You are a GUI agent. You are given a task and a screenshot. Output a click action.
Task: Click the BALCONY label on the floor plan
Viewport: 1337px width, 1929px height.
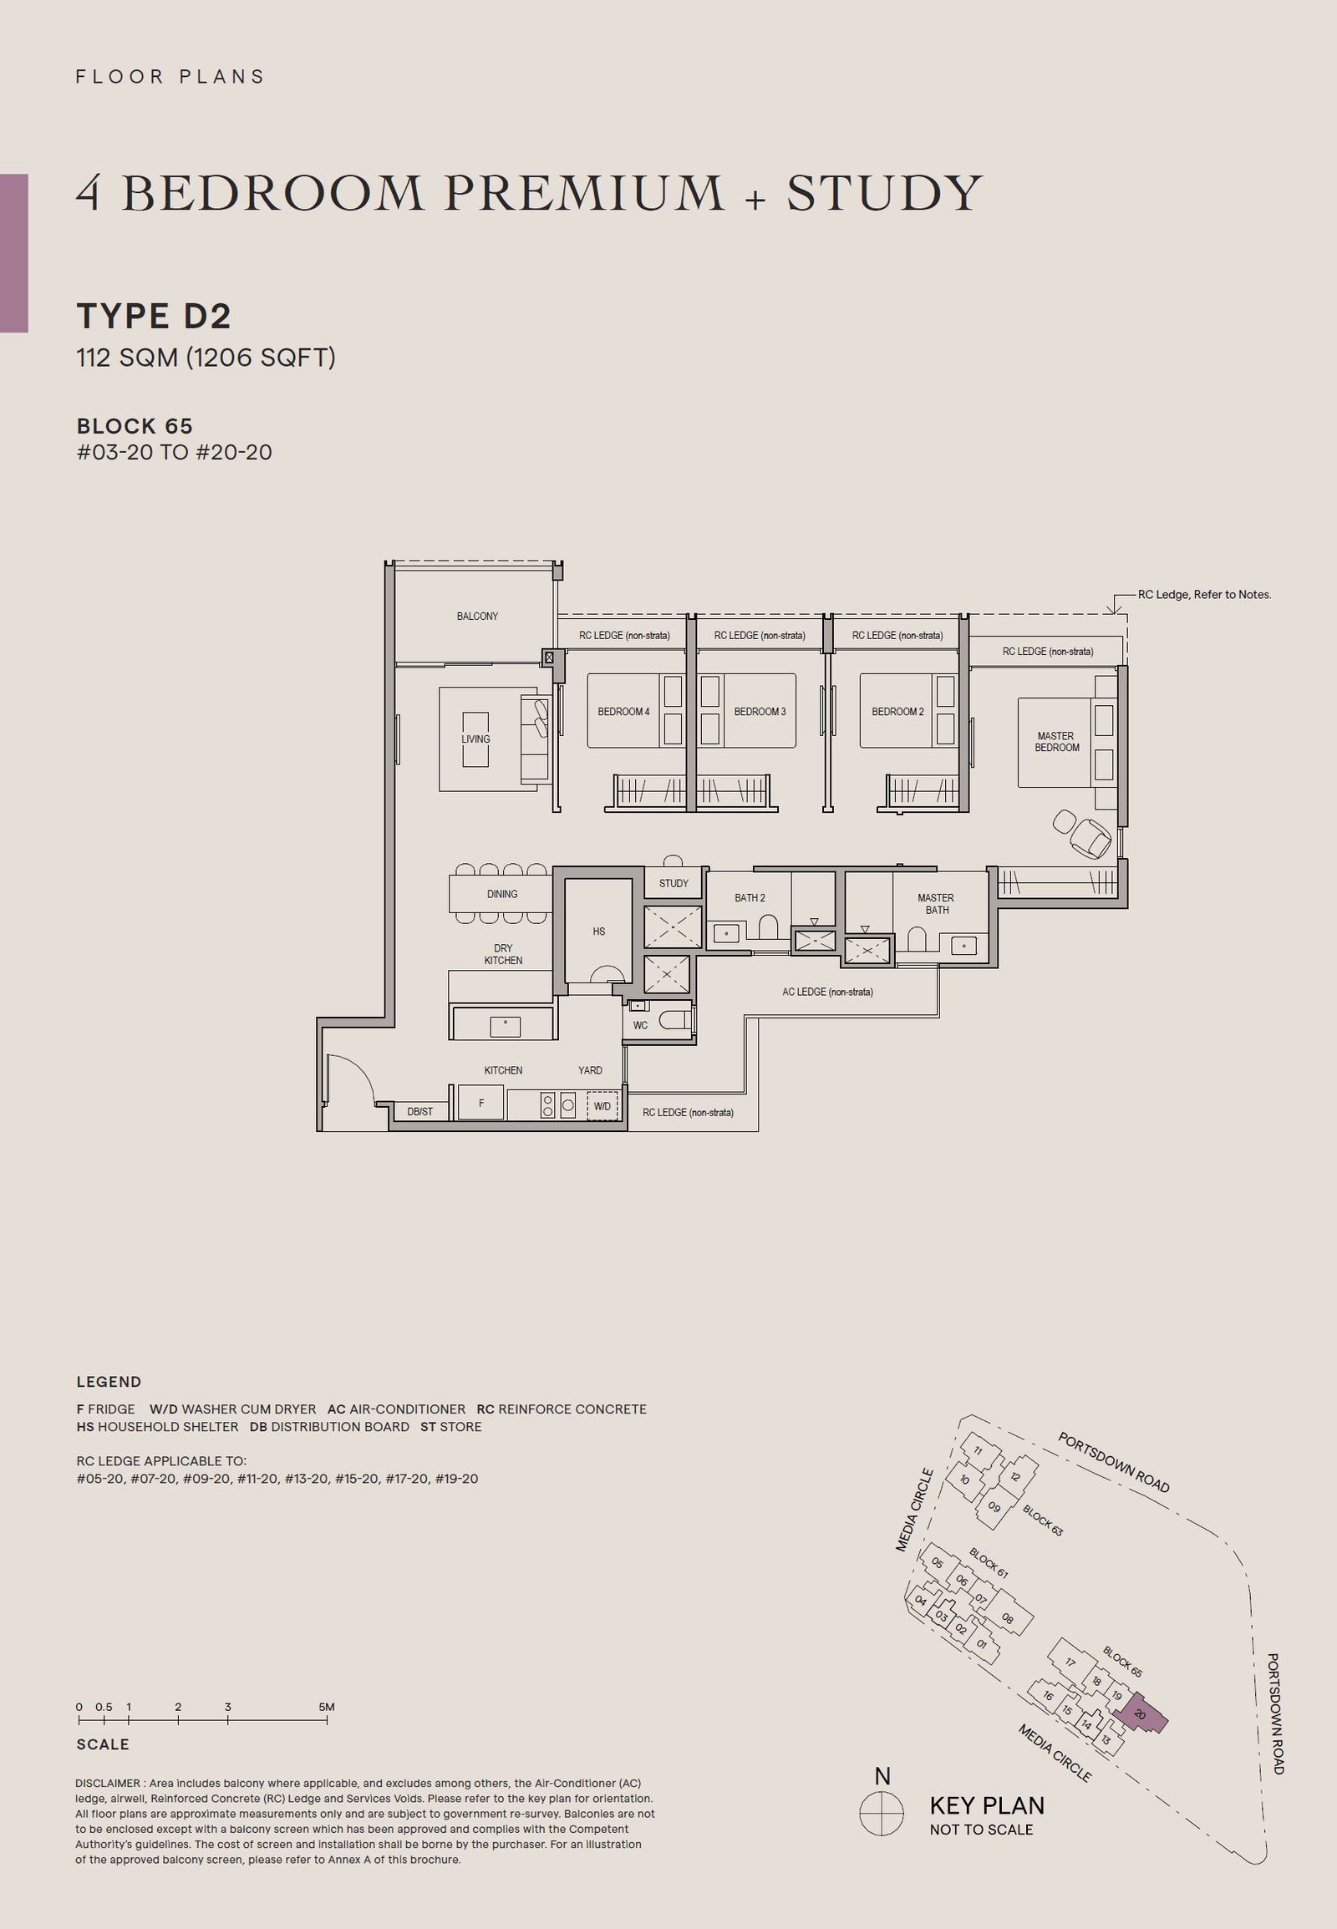tap(476, 616)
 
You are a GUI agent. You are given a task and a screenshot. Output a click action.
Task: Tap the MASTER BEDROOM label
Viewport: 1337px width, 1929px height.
tap(1055, 741)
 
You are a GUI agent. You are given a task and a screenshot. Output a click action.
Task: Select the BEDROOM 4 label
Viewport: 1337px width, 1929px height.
tap(623, 711)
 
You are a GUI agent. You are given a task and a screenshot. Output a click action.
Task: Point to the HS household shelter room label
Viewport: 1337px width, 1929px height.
tap(598, 931)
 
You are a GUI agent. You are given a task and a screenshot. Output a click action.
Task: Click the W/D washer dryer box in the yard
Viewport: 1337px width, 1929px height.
tap(602, 1105)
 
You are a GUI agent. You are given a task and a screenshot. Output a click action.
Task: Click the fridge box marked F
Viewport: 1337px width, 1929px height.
tap(480, 1103)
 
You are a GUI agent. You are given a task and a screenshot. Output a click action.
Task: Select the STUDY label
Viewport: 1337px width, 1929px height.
tap(673, 883)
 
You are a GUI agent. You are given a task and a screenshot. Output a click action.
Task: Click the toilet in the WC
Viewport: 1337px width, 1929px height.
tap(675, 1019)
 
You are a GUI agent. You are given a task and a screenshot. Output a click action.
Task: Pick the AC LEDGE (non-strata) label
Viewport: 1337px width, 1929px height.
tap(826, 992)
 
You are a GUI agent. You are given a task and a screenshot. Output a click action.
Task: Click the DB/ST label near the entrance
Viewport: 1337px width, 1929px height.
tap(419, 1111)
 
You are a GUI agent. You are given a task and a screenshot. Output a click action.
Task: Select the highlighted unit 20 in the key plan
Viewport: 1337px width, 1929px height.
tap(1140, 1713)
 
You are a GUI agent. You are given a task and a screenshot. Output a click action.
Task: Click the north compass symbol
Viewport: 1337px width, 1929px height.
tap(882, 1814)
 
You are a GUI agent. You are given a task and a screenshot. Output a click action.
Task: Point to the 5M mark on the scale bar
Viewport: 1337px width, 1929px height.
tap(326, 1706)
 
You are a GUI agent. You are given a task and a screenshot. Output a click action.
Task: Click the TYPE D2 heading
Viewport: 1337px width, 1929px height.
tap(153, 316)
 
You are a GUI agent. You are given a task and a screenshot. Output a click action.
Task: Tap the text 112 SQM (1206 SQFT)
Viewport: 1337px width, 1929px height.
tap(206, 358)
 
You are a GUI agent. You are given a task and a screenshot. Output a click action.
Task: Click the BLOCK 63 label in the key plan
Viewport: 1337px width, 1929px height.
tap(1042, 1520)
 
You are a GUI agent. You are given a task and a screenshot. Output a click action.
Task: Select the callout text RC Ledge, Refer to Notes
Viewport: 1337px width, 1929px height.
tap(1203, 594)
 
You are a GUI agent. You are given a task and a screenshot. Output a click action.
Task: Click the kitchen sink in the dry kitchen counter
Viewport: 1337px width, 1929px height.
tap(505, 1024)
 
